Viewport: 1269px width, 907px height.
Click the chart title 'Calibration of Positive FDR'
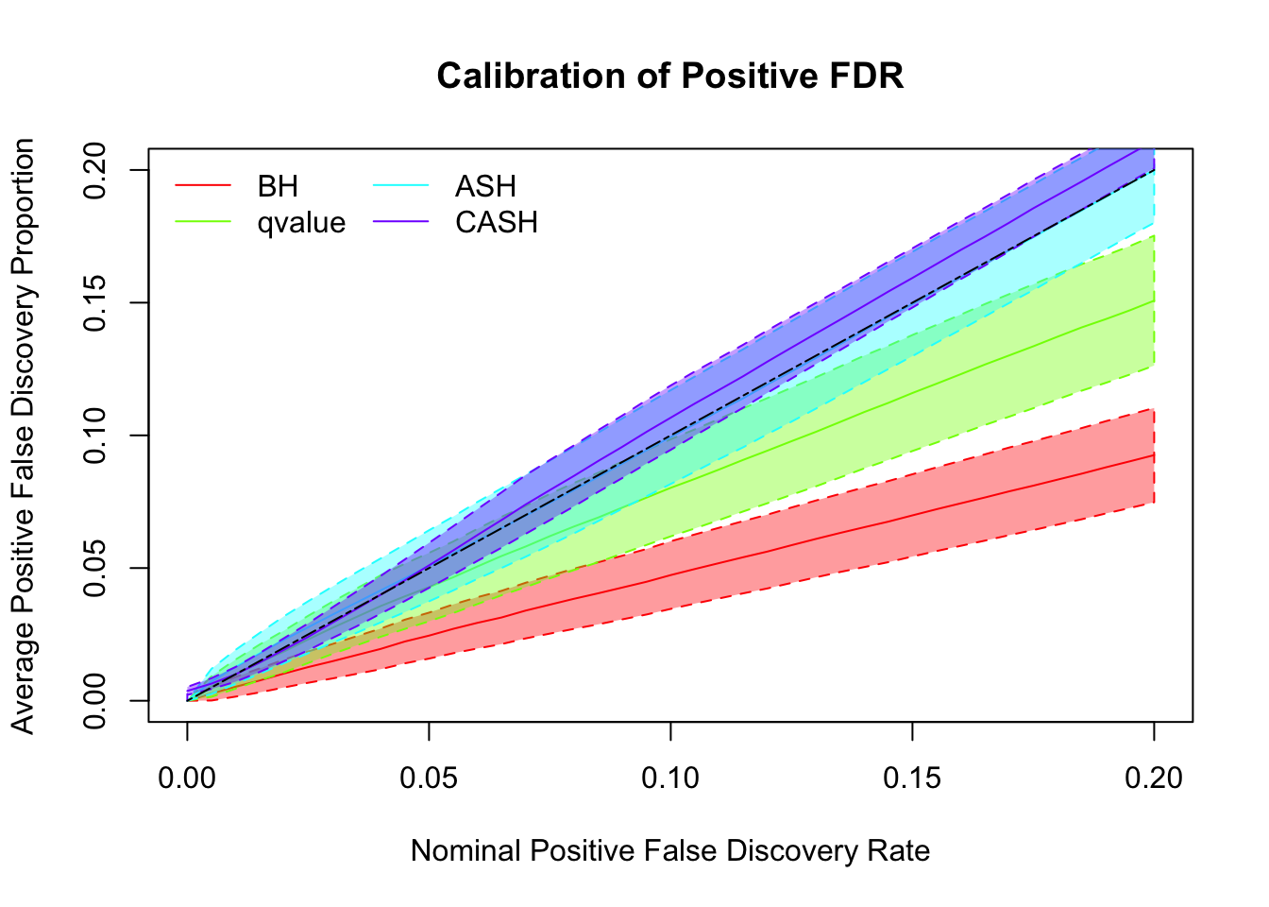670,76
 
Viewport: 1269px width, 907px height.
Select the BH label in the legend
278,186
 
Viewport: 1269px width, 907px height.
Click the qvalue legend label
301,223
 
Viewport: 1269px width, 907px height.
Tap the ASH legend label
485,186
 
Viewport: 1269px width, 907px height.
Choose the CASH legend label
497,223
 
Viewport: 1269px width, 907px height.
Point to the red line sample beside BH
203,186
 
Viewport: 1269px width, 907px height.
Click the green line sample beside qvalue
203,223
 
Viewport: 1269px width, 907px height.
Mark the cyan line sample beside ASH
401,186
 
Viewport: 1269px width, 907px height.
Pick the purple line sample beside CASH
401,223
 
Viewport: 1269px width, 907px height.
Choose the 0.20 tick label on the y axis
94,170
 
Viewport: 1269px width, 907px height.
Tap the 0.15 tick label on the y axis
94,302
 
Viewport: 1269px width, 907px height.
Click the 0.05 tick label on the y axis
94,568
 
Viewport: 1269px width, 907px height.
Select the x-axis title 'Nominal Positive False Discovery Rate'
670,851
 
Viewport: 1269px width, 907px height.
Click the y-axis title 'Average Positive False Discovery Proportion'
24,436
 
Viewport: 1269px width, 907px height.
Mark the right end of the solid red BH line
1153,455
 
